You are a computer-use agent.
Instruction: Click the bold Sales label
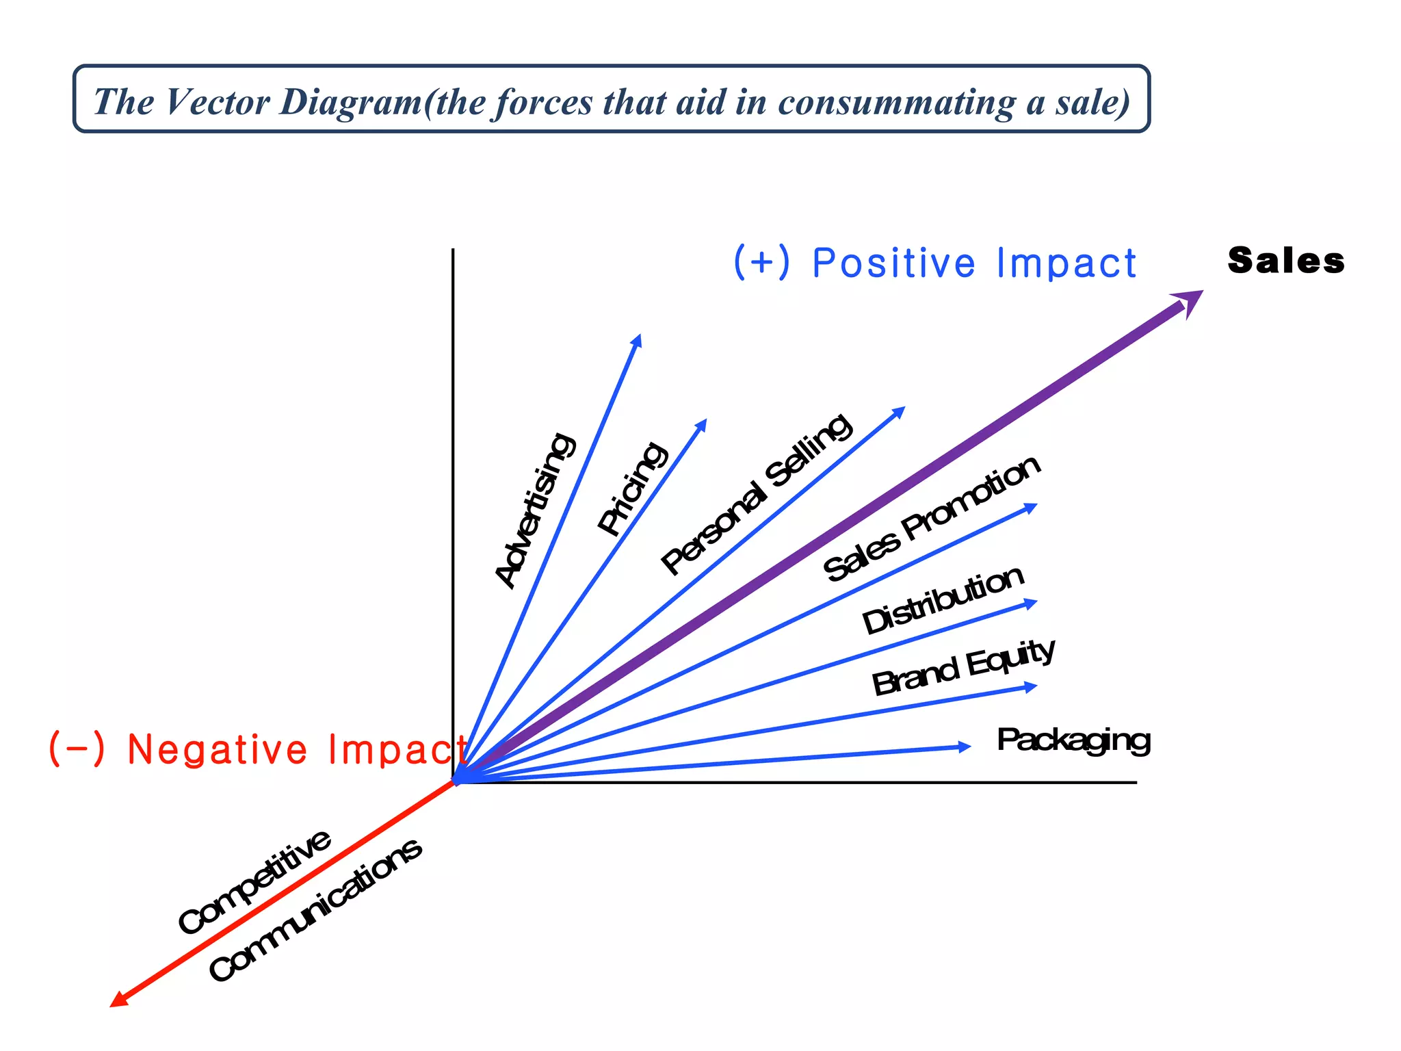pyautogui.click(x=1285, y=261)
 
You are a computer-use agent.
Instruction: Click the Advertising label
pyautogui.click(x=535, y=510)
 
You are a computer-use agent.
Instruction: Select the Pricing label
pyautogui.click(x=631, y=487)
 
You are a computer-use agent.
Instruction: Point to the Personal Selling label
pyautogui.click(x=756, y=494)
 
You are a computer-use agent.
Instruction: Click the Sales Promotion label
pyautogui.click(x=932, y=518)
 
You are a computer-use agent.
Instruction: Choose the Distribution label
pyautogui.click(x=943, y=599)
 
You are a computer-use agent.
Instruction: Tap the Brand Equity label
pyautogui.click(x=963, y=666)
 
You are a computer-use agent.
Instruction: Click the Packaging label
pyautogui.click(x=1073, y=740)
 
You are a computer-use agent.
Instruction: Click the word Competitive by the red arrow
pyautogui.click(x=254, y=881)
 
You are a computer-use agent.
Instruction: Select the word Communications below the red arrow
pyautogui.click(x=315, y=910)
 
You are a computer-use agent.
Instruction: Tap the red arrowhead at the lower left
pyautogui.click(x=119, y=1000)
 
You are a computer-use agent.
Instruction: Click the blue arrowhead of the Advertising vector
pyautogui.click(x=636, y=341)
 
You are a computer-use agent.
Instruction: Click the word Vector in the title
pyautogui.click(x=218, y=102)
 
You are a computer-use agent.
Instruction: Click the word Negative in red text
pyautogui.click(x=218, y=749)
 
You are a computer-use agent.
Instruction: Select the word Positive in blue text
pyautogui.click(x=893, y=263)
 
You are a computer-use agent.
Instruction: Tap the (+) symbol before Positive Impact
pyautogui.click(x=761, y=262)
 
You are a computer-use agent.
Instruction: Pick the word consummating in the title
pyautogui.click(x=897, y=102)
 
